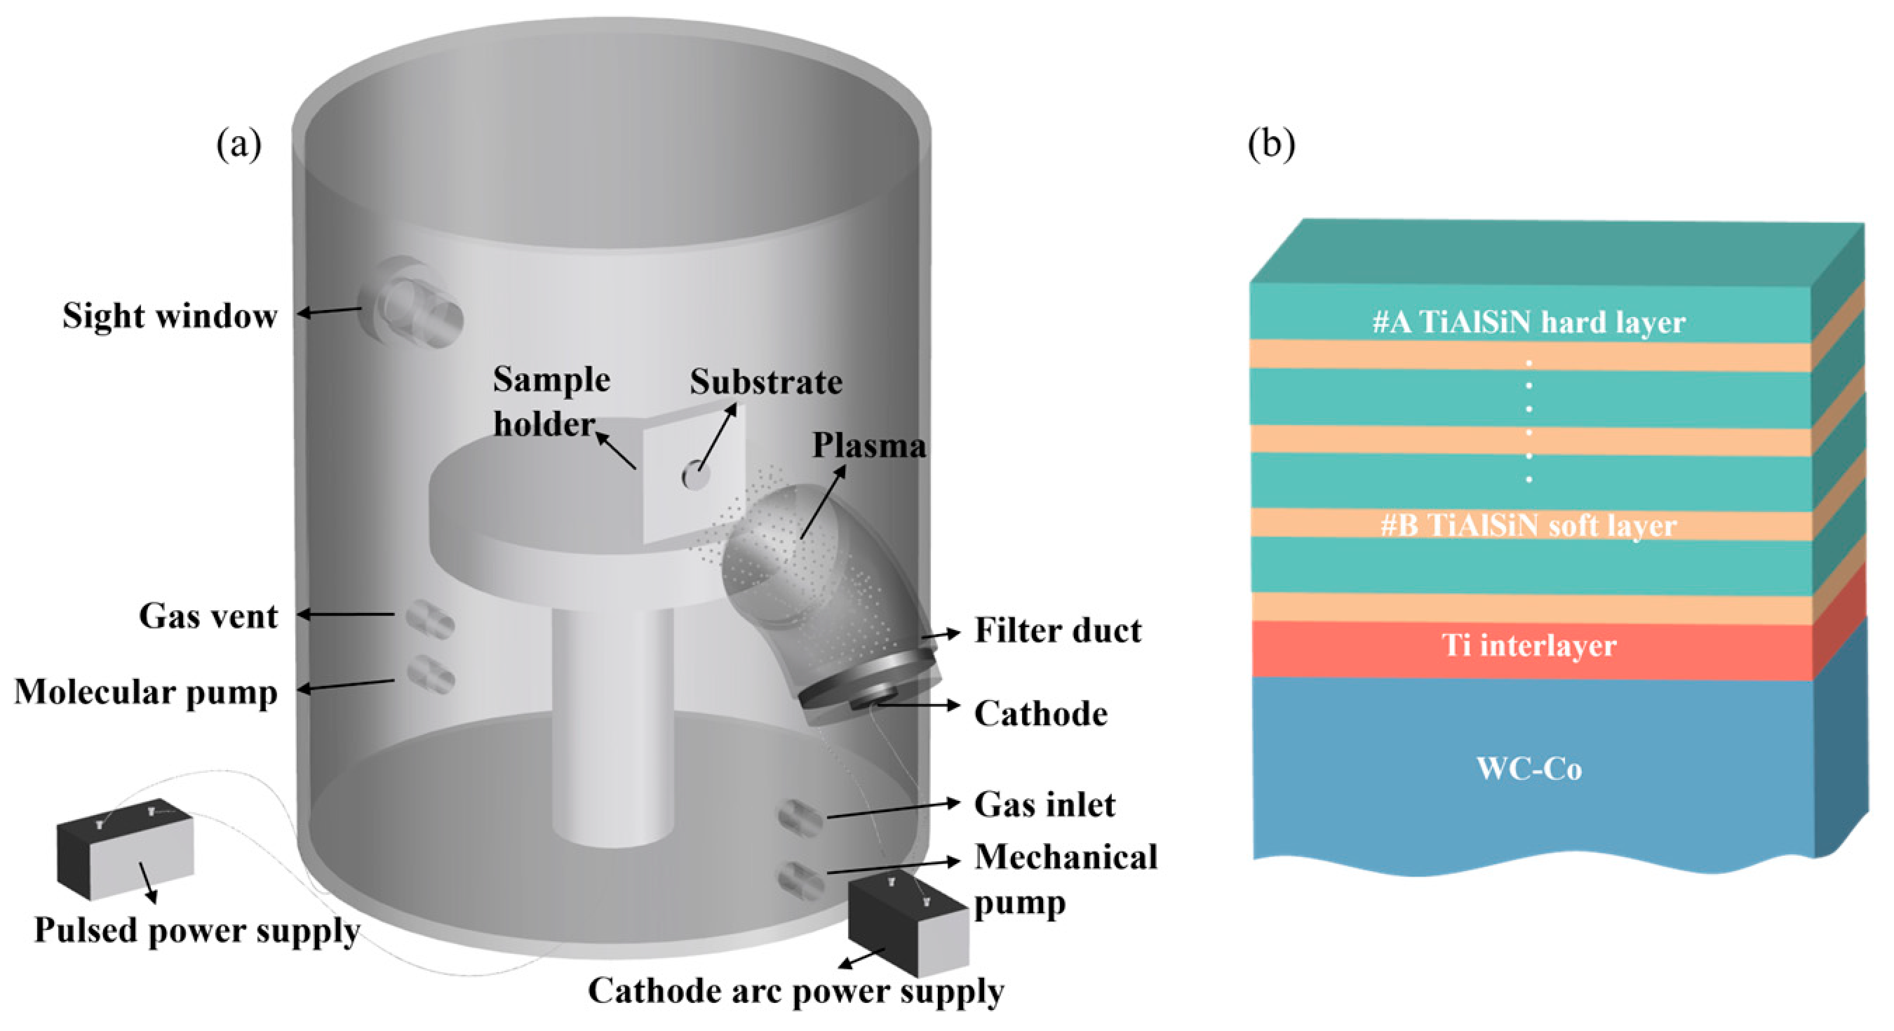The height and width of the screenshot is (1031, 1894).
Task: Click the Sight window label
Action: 170,316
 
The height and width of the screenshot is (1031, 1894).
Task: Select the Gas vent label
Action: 208,616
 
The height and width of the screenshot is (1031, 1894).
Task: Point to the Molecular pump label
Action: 146,693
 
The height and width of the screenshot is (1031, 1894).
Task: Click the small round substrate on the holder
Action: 694,475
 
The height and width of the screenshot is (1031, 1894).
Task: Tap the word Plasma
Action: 868,445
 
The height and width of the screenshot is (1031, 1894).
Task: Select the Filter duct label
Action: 1057,631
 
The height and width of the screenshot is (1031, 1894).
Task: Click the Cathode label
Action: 1040,714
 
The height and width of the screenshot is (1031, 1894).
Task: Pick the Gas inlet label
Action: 1044,804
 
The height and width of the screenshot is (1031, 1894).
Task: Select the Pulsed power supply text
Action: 197,931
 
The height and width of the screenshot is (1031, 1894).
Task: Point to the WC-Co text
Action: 1529,769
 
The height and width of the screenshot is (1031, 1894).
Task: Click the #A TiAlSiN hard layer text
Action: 1529,323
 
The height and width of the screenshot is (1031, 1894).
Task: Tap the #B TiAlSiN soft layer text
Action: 1529,526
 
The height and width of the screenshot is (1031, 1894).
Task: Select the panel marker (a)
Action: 239,143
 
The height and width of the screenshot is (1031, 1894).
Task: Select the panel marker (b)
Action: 1271,143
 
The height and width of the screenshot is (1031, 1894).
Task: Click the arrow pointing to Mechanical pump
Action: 893,866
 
